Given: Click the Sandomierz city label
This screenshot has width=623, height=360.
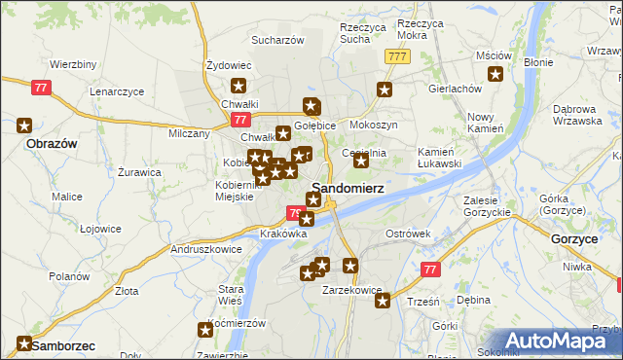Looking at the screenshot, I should point(347,187).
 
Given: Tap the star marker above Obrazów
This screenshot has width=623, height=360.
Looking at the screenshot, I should point(24,126).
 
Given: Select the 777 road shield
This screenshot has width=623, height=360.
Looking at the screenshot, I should point(396,57).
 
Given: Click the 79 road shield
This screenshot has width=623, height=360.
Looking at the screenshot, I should point(296,213).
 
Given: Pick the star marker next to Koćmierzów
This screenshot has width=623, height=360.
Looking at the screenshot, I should point(205,331).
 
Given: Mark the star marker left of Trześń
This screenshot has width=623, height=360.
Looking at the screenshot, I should point(383,301).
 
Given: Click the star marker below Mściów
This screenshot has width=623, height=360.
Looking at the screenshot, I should point(495,74).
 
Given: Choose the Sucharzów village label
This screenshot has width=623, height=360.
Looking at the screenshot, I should point(278,40).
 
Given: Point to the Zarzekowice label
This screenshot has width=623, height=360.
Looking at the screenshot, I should point(350,289).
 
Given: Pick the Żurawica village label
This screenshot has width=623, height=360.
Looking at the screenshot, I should point(139,172).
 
